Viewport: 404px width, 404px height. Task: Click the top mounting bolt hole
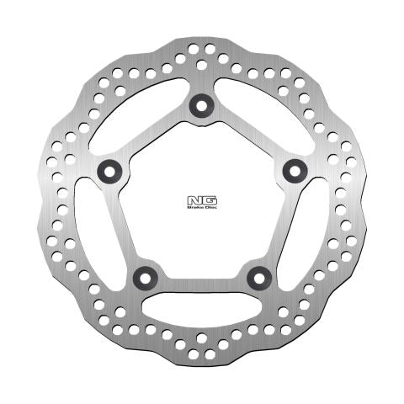tap(200, 104)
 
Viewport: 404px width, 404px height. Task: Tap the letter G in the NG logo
tap(205, 200)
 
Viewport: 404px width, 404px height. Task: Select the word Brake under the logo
tap(195, 208)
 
